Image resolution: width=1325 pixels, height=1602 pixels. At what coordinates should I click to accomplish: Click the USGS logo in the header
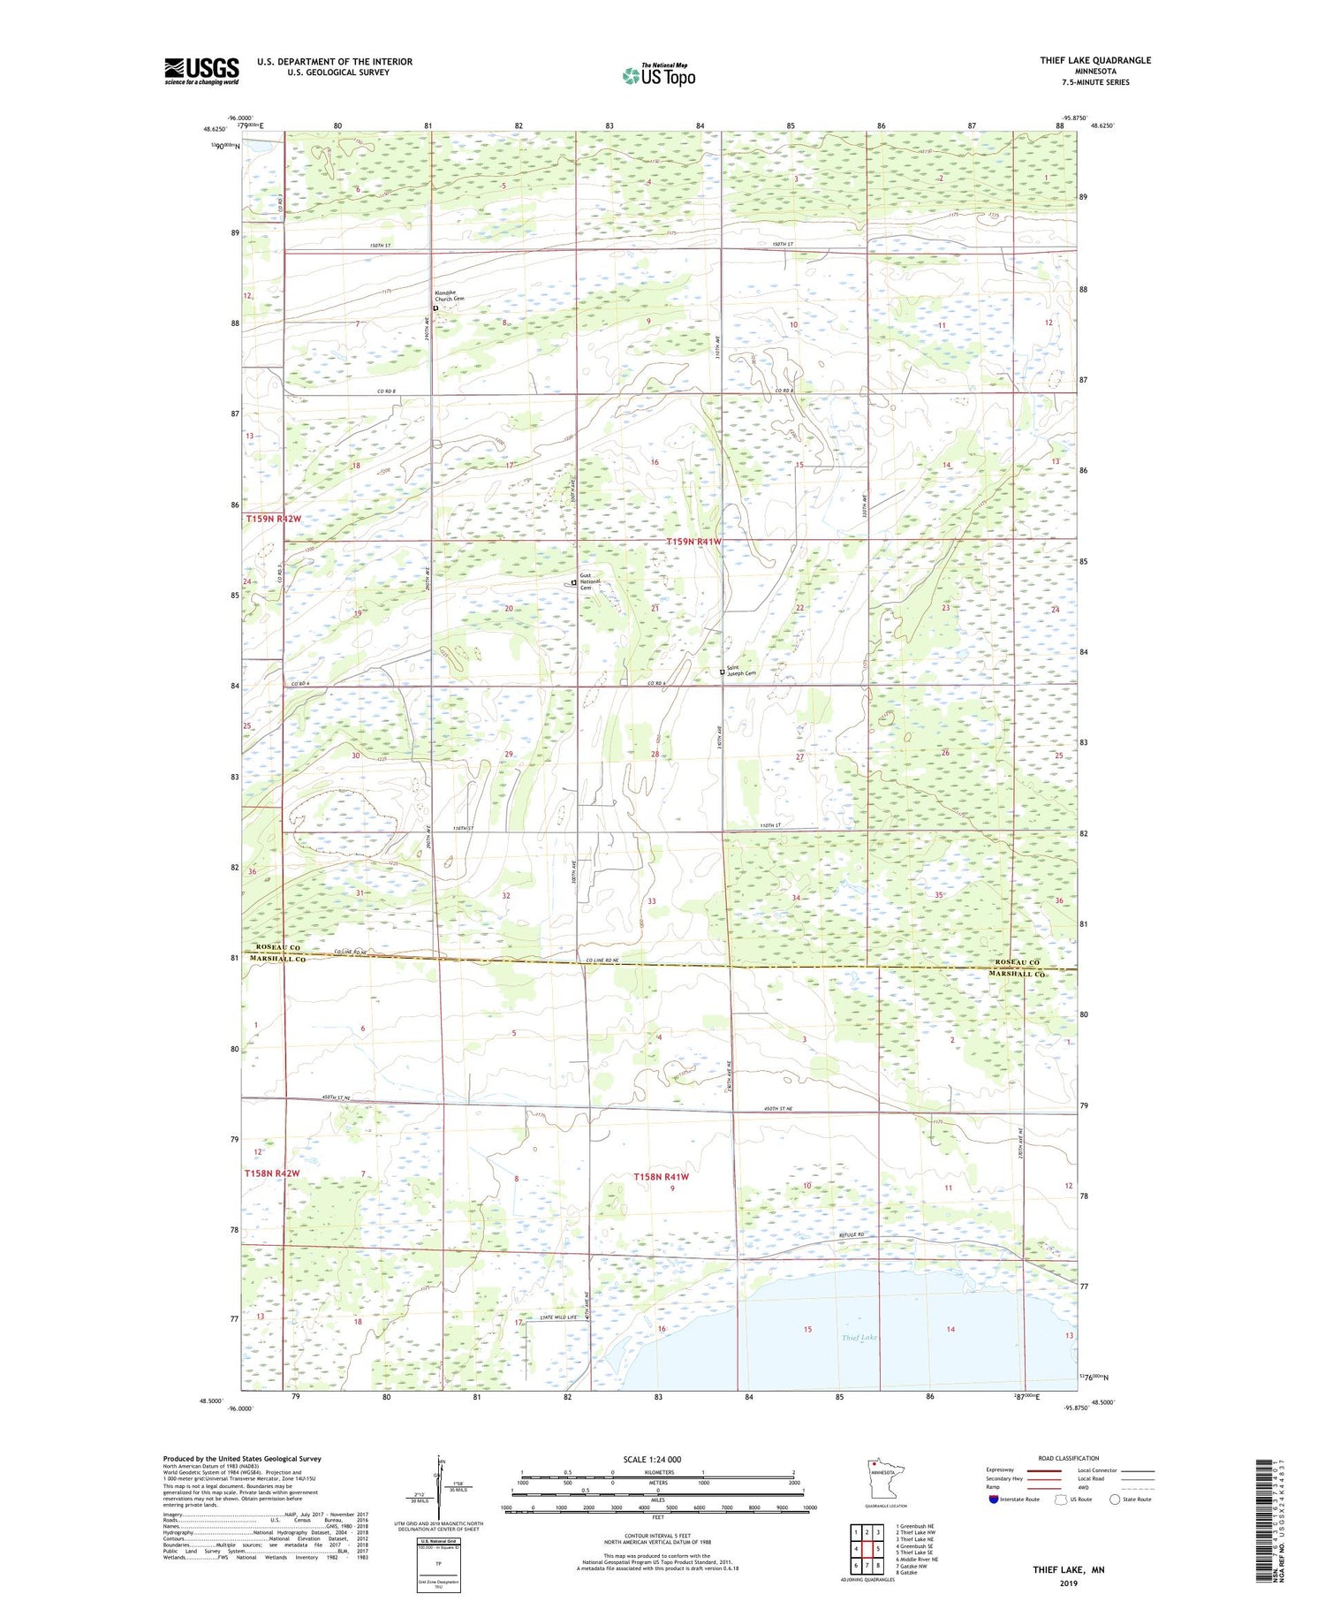tap(201, 71)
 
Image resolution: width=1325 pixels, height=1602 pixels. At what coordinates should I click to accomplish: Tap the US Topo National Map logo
tap(658, 75)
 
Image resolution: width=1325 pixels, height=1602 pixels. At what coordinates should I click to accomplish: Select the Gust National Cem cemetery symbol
tap(573, 582)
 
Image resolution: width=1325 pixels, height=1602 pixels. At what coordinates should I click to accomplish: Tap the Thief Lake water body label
tap(859, 1338)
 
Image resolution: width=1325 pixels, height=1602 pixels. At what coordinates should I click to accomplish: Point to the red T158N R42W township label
tap(272, 1173)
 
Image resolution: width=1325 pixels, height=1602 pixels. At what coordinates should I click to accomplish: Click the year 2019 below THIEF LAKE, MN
tap(1069, 1583)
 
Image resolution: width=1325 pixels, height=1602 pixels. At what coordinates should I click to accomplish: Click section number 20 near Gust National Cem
tap(509, 609)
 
